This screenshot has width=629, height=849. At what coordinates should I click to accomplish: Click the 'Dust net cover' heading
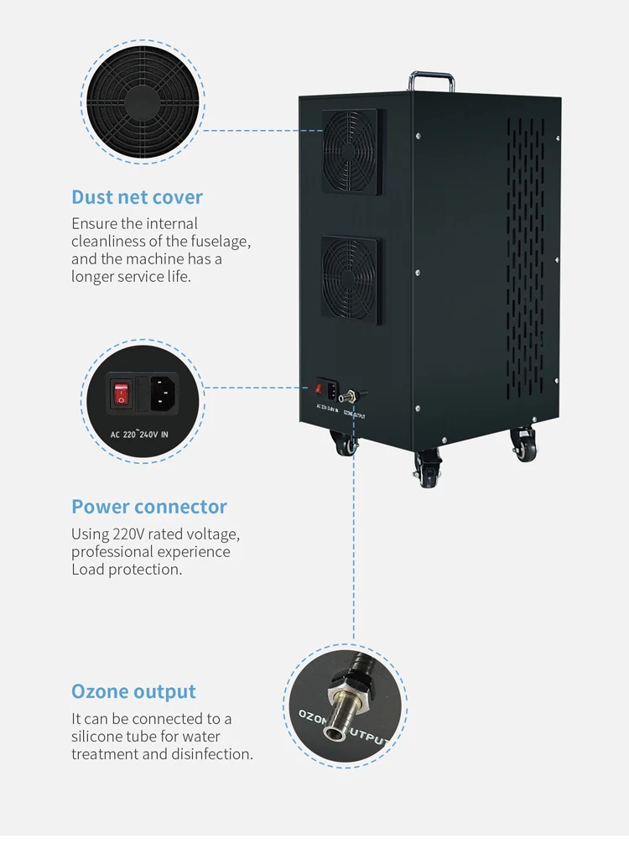click(x=137, y=197)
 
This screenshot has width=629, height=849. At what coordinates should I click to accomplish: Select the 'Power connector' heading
click(x=148, y=507)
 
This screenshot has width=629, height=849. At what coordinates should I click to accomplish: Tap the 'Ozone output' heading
click(x=133, y=691)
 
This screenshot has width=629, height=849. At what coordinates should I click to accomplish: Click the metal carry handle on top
click(x=432, y=81)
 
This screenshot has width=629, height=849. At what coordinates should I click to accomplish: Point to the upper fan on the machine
click(x=353, y=151)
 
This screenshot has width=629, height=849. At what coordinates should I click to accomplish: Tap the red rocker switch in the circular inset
click(x=122, y=392)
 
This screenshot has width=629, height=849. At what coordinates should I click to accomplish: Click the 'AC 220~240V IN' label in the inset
click(x=140, y=434)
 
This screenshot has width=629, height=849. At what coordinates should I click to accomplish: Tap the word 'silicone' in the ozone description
click(x=98, y=737)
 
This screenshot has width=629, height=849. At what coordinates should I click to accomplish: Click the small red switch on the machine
click(x=319, y=389)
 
